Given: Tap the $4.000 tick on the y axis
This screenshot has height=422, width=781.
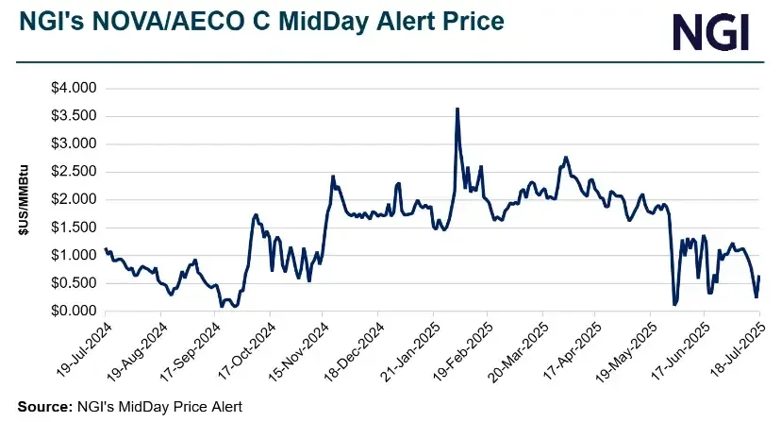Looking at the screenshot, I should tap(74, 88).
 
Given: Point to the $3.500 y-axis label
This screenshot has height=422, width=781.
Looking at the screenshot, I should tap(74, 116).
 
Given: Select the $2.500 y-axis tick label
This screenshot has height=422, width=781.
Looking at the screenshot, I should tap(74, 172).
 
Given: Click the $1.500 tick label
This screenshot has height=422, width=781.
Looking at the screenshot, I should tap(74, 228).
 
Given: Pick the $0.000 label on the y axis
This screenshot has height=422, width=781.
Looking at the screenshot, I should tap(74, 311).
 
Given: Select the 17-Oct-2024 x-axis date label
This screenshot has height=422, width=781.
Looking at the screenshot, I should tap(245, 350).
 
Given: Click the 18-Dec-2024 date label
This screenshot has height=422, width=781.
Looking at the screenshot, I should tap(354, 350).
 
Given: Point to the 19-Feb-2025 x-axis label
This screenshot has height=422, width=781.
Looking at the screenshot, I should tap(463, 350).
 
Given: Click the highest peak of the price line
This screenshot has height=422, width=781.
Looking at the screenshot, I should tap(457, 109).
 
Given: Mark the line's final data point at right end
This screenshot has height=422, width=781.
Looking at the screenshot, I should tap(759, 277).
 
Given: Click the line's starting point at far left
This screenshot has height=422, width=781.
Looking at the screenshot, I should tap(105, 249).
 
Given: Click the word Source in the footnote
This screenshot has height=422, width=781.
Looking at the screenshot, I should tap(42, 406).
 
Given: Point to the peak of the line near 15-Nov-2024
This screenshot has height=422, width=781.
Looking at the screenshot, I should tap(333, 176).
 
